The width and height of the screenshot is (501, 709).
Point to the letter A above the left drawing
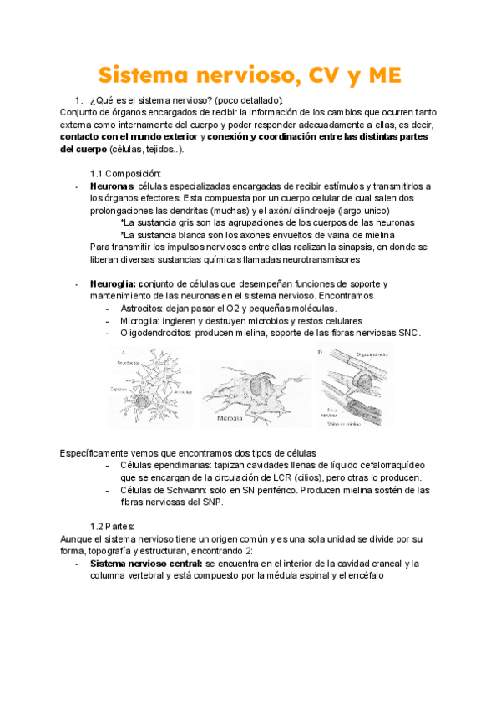click(x=123, y=351)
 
